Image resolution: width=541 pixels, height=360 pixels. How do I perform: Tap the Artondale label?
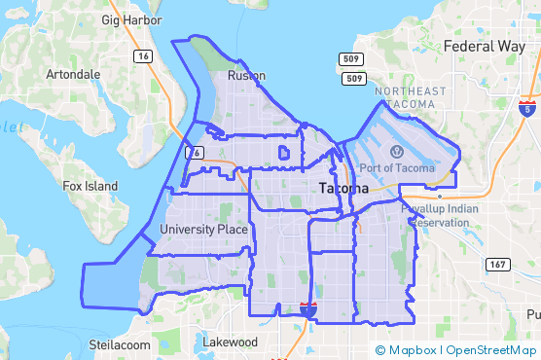coord(73,74)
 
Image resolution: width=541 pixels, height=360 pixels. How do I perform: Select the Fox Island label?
coord(90,186)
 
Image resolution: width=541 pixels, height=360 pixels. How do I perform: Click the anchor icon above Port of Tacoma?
coord(397,151)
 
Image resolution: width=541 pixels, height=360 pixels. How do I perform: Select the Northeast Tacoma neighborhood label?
coord(411,98)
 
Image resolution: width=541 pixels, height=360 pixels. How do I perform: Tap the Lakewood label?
coord(230,342)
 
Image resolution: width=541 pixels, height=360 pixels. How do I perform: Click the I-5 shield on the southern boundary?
coord(308,310)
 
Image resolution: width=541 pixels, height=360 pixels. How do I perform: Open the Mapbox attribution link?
coord(407,350)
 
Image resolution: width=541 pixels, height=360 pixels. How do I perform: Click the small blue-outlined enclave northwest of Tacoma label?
coord(283,153)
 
